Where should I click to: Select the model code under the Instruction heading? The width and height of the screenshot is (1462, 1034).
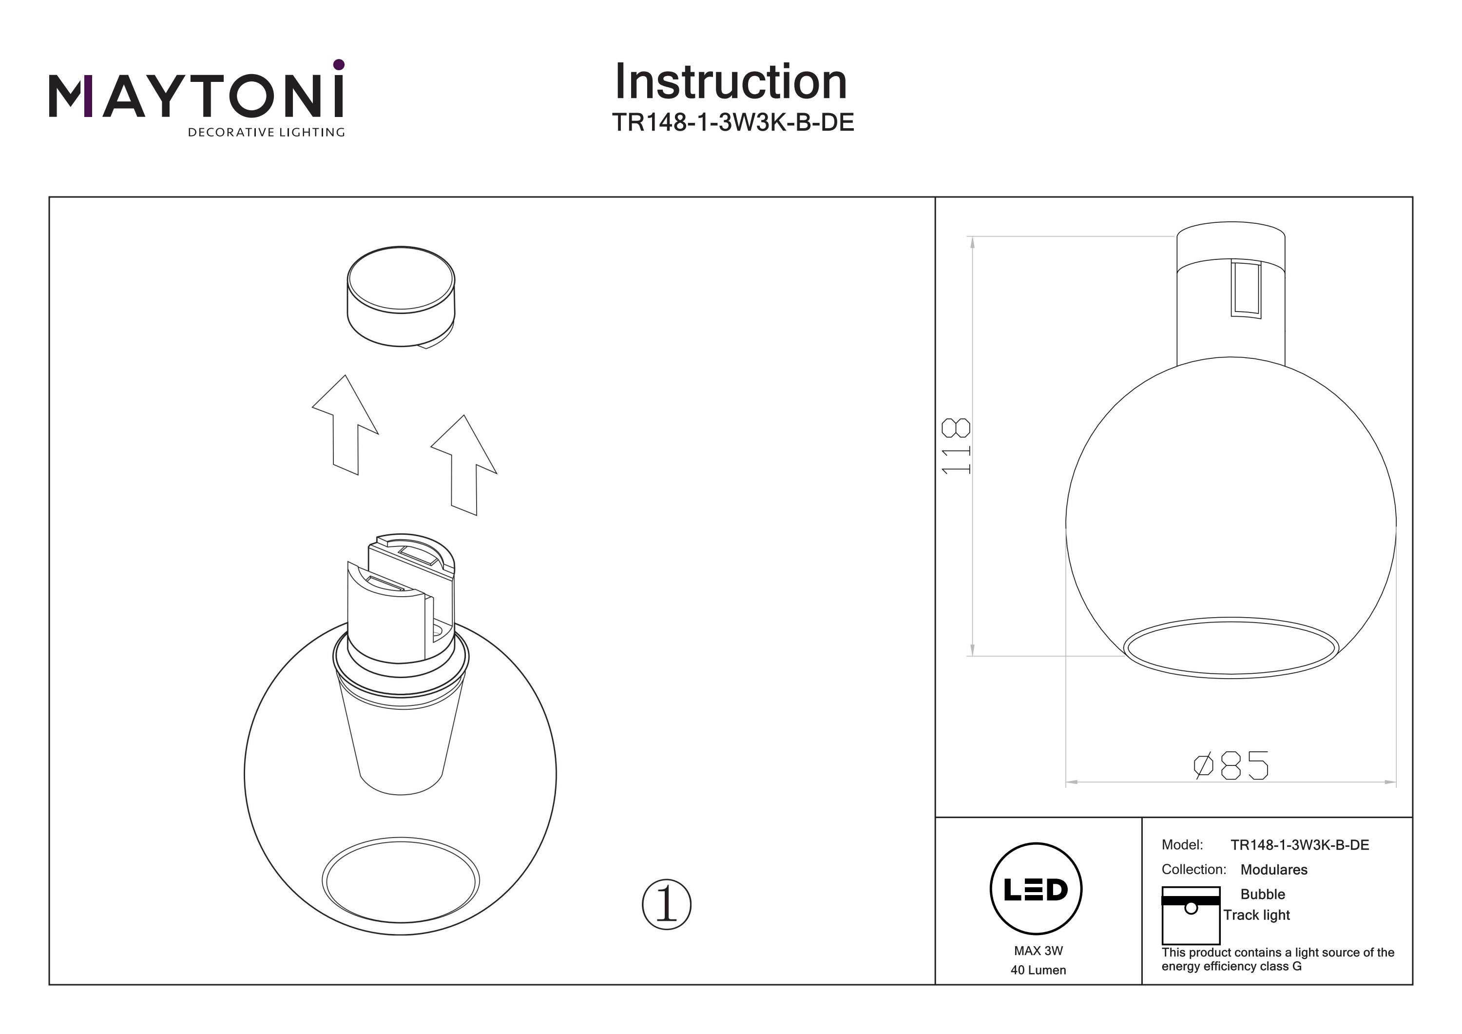coord(733,122)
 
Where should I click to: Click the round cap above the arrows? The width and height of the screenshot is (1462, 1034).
coord(401,297)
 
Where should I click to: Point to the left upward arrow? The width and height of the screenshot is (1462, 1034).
coord(345,425)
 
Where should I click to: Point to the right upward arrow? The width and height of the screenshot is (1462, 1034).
coord(464,465)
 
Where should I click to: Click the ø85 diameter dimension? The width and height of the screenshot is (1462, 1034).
coord(1231,765)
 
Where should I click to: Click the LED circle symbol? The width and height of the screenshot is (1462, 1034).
coord(1036,889)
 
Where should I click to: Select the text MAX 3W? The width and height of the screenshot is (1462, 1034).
coord(1039,951)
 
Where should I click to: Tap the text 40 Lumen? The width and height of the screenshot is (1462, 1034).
coord(1039,970)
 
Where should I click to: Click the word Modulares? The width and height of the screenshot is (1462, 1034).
coord(1273,870)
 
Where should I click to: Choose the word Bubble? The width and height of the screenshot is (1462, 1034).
coord(1263,895)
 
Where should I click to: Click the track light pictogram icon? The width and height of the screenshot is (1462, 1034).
coord(1191,916)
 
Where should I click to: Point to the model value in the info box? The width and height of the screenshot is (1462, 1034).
coord(1300,845)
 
